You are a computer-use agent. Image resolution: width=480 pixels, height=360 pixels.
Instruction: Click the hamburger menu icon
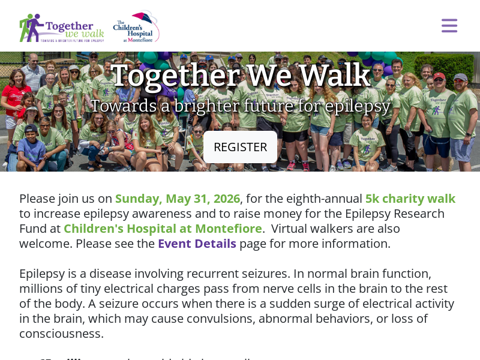pos(449,26)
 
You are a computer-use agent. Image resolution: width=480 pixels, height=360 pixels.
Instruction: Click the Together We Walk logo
pos(62,28)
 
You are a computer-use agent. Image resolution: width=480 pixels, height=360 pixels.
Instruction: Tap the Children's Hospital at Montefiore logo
pos(136,27)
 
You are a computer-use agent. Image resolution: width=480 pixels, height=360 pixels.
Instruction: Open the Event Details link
pos(197,244)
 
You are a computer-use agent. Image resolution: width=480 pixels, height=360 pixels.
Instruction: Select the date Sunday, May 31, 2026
pos(178,199)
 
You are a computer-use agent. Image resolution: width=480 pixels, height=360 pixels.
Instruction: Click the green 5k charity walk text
pos(410,199)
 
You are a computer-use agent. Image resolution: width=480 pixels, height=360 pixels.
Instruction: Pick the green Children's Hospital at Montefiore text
pos(163,229)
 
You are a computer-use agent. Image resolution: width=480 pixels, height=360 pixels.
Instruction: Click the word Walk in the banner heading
pos(335,76)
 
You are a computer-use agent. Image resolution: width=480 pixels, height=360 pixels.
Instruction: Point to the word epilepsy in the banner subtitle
pos(358,106)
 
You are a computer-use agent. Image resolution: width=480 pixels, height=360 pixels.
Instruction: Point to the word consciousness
pos(61,334)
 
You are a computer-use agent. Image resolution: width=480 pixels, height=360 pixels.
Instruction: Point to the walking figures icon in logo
pos(31,28)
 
